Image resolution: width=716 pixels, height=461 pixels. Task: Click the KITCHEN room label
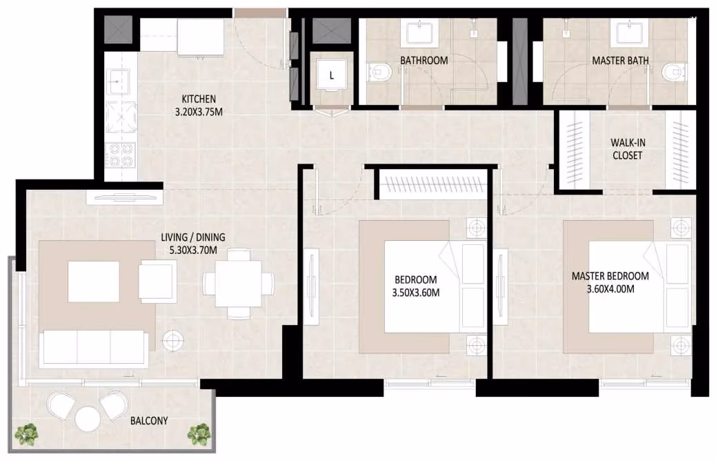199,99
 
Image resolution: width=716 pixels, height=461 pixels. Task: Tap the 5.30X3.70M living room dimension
192,250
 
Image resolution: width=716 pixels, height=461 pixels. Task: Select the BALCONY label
149,420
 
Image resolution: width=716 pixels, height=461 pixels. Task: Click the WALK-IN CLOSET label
628,149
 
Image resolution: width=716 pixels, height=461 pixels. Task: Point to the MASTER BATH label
620,60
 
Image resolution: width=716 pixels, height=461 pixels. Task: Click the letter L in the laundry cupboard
332,76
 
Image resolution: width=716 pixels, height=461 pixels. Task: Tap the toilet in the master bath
673,72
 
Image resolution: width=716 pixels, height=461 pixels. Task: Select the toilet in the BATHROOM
380,72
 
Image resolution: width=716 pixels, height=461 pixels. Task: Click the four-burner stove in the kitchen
121,155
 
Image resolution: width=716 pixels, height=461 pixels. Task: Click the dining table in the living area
239,283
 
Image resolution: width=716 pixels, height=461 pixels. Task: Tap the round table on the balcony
87,419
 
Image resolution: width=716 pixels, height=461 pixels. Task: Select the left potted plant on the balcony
26,435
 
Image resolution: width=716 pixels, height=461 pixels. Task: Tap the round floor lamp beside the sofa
173,340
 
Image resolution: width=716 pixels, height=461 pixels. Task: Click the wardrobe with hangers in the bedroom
431,184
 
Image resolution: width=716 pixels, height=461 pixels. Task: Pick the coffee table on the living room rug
94,282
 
